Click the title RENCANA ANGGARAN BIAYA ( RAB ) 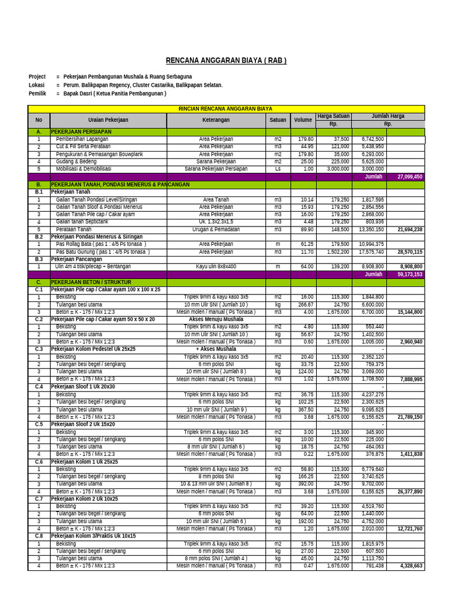point(226,60)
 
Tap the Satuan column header point(277,120)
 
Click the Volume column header point(303,120)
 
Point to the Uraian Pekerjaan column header point(108,120)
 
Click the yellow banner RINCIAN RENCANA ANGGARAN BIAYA point(226,109)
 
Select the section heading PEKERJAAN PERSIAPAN point(81,132)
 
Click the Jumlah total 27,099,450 point(409,176)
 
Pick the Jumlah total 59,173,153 point(409,274)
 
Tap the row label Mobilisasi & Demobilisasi point(83,169)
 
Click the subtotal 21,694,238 point(409,229)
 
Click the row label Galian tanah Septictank point(82,222)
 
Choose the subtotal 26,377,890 point(409,491)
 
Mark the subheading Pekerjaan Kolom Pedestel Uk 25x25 point(93,349)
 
